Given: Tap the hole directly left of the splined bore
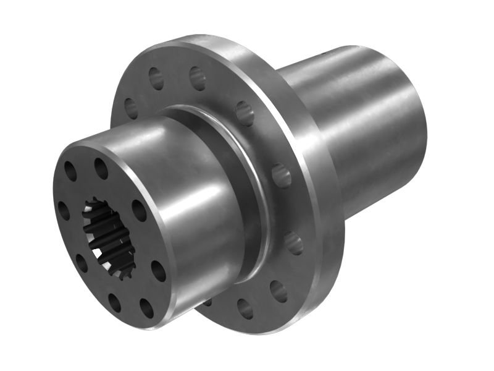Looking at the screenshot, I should (64, 210).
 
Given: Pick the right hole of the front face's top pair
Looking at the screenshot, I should (101, 168).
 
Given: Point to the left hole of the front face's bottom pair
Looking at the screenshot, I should (115, 302).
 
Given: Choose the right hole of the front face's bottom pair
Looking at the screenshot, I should (146, 308).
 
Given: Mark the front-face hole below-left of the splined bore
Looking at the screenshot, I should (81, 263).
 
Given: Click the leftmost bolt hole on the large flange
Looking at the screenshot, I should (131, 108).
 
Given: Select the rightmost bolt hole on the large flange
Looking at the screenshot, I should (294, 242).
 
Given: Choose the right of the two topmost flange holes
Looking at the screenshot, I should (197, 78).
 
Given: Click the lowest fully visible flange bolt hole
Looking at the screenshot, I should (245, 309).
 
